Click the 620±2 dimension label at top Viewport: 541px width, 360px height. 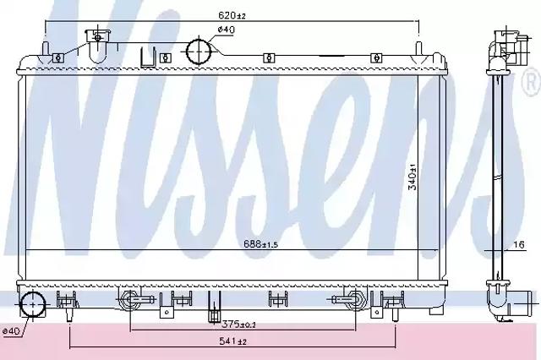tap(232, 15)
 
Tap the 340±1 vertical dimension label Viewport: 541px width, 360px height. tap(412, 177)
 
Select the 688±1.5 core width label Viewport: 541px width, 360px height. tap(261, 244)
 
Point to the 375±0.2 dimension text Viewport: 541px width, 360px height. tap(238, 325)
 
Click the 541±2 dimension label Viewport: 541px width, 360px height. tap(233, 341)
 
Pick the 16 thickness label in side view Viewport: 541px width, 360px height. tap(518, 244)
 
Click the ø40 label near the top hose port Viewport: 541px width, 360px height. tap(226, 30)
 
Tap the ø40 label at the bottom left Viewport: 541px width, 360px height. tap(11, 331)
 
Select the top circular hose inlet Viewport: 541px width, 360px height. tap(198, 51)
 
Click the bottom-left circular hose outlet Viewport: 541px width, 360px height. tap(32, 305)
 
